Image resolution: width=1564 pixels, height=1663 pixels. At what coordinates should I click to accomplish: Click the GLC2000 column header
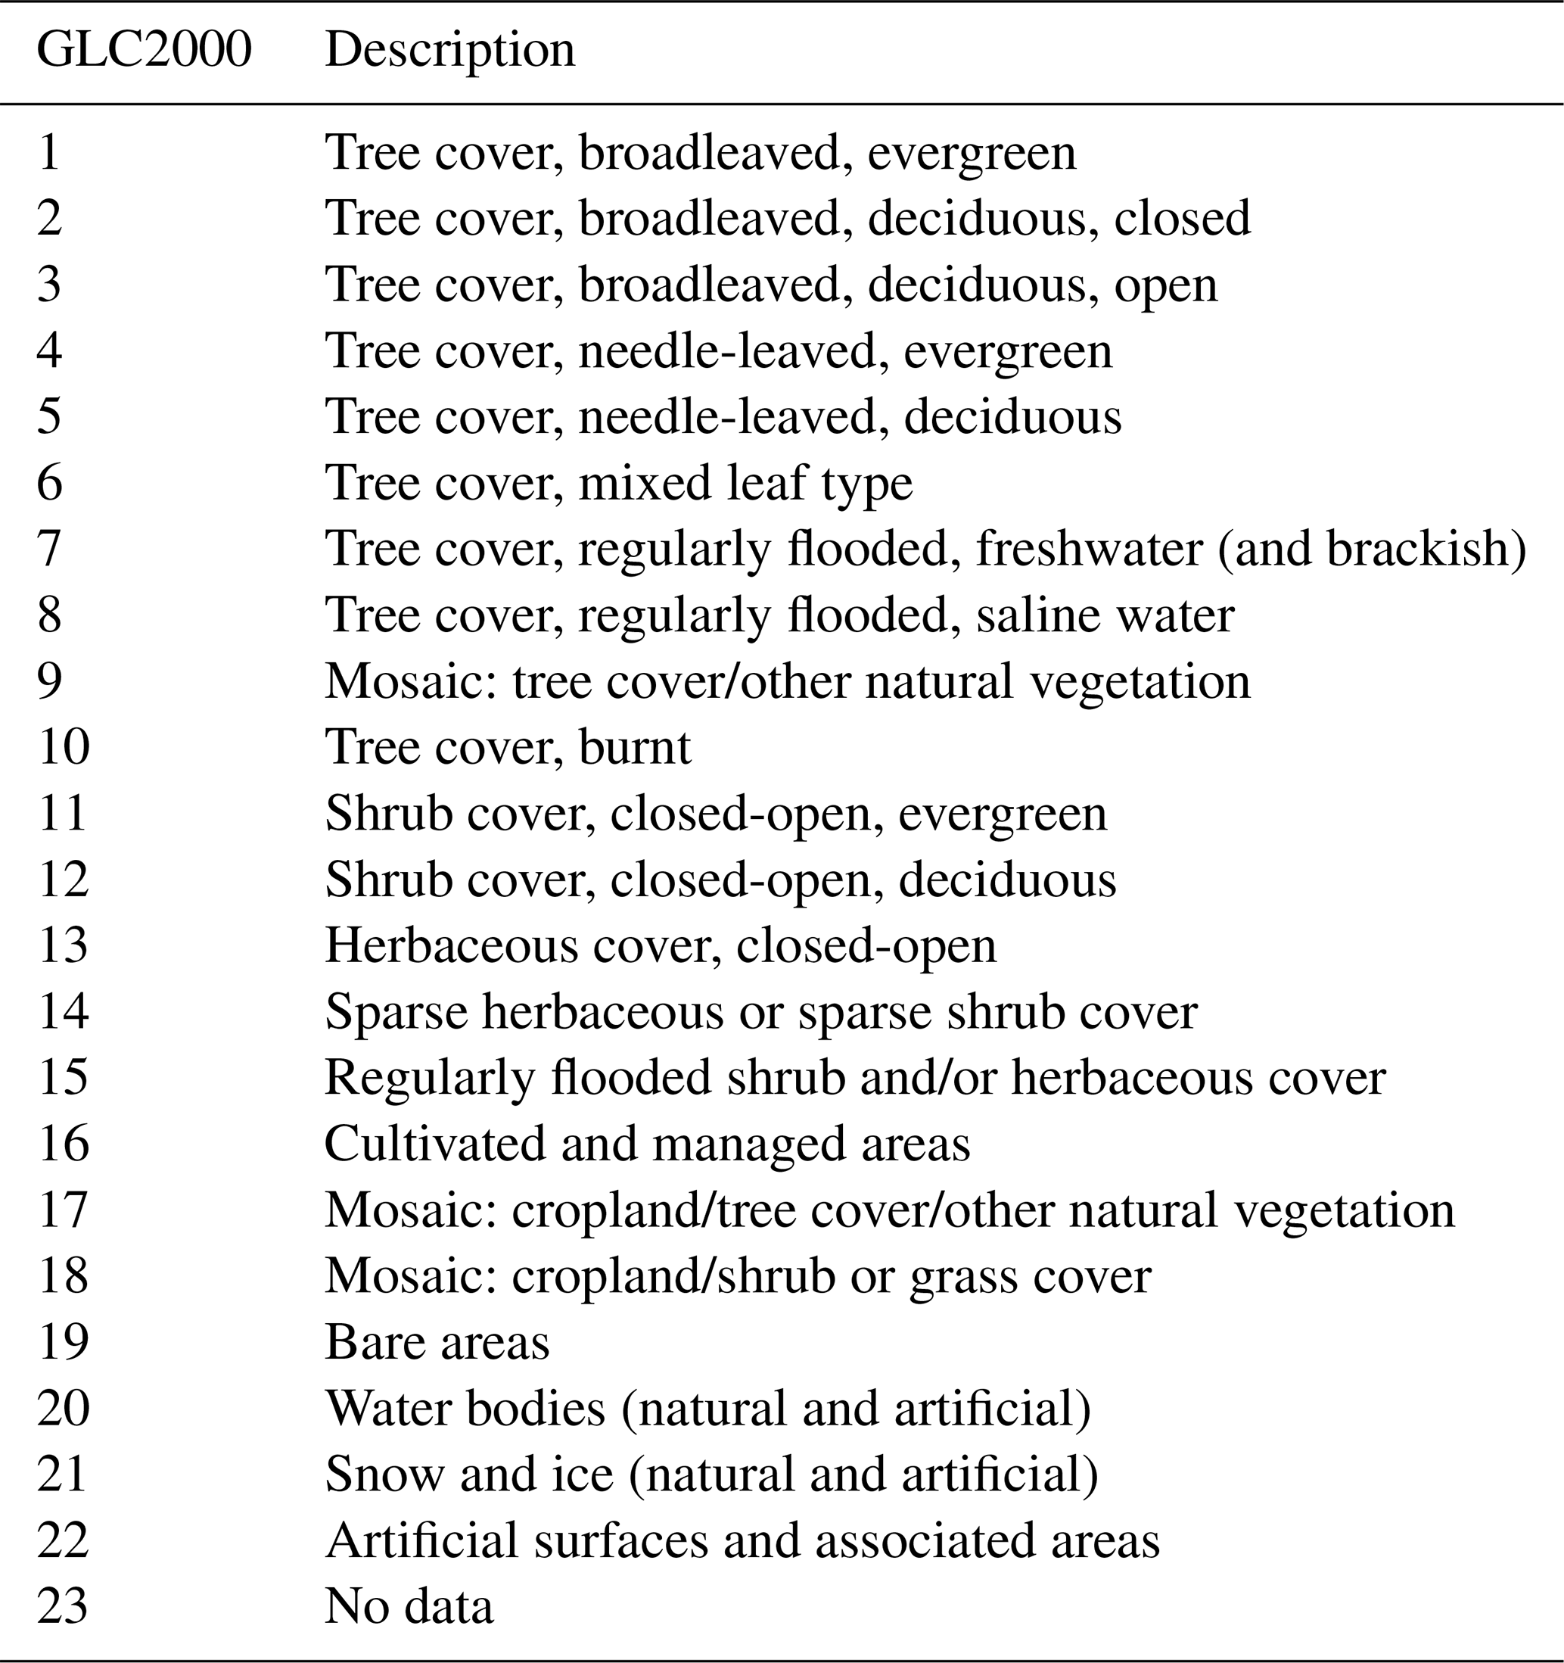[x=144, y=50]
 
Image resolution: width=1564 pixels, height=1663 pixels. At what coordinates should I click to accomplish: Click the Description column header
[x=450, y=50]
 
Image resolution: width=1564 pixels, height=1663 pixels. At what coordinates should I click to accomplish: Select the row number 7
[x=49, y=549]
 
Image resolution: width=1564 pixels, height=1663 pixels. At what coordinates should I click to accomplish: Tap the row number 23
[x=63, y=1605]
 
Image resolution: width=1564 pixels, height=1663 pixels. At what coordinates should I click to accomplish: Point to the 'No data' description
[x=409, y=1605]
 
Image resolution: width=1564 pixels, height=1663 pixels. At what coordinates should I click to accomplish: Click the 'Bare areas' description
[x=437, y=1342]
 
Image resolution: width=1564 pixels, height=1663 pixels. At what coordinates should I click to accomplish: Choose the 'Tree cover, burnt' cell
[x=508, y=747]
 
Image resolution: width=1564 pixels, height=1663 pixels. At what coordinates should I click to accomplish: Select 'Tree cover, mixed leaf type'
[x=618, y=484]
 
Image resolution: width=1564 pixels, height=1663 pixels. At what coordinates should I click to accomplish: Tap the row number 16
[x=63, y=1144]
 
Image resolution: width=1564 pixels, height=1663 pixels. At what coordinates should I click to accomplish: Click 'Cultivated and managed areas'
[x=648, y=1144]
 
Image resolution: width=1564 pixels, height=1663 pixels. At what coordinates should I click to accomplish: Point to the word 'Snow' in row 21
[x=384, y=1473]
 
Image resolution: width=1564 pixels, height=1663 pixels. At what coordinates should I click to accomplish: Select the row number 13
[x=63, y=945]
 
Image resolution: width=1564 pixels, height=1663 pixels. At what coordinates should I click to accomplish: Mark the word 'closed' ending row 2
[x=1182, y=220]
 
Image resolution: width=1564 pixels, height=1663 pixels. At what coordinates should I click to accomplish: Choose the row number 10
[x=63, y=747]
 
